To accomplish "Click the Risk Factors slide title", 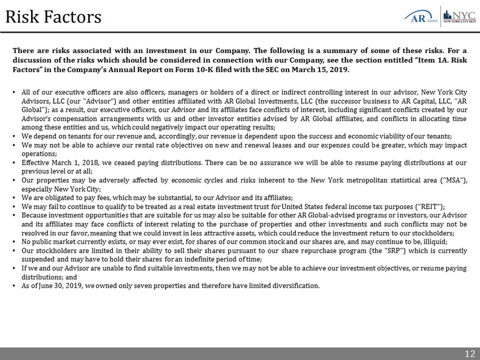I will click(x=53, y=17).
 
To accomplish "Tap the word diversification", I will click(x=296, y=285).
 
